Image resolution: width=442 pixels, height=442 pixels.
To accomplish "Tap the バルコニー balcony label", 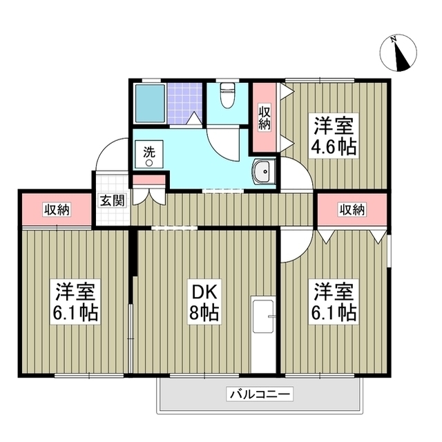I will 260,395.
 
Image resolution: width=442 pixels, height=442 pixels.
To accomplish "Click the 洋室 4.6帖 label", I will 335,137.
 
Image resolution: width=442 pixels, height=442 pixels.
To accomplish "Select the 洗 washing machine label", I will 149,153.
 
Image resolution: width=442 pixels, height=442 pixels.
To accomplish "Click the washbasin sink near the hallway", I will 263,173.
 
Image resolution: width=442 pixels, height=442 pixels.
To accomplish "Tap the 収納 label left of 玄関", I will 57,209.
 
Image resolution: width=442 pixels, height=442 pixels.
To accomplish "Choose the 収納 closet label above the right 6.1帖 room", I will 352,209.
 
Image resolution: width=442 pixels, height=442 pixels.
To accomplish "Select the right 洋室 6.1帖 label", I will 335,302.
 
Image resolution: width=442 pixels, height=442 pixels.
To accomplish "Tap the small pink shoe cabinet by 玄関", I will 149,181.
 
